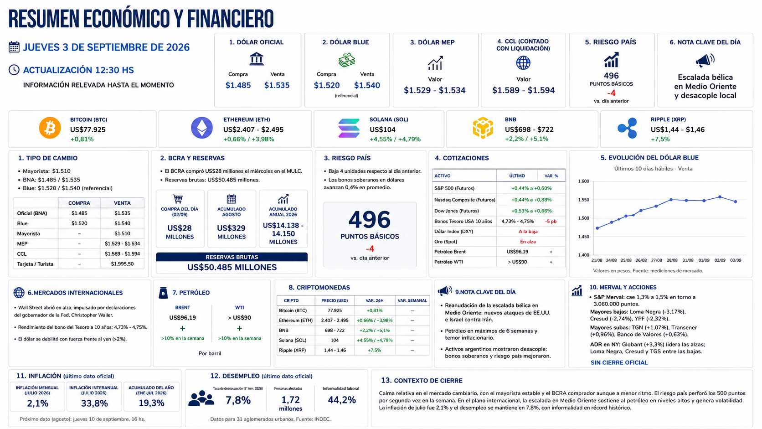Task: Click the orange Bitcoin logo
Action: [x=50, y=128]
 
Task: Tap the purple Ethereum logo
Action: [x=202, y=128]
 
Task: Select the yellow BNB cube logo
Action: [x=483, y=128]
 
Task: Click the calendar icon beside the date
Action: [x=14, y=47]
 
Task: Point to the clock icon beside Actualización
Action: [x=14, y=70]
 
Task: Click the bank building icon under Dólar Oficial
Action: [x=257, y=58]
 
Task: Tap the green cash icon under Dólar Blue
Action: [x=347, y=60]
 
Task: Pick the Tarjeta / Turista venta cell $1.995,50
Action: [x=122, y=264]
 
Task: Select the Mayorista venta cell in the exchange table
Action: [x=122, y=233]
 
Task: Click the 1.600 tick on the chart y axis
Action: [x=584, y=181]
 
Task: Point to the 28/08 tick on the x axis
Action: [x=672, y=260]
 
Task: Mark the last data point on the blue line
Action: [x=736, y=202]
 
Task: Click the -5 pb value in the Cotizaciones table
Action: [x=551, y=222]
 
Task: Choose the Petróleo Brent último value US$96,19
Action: [x=517, y=252]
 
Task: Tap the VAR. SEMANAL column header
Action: [x=412, y=300]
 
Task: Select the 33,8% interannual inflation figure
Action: [x=94, y=403]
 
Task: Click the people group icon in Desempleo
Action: [x=201, y=398]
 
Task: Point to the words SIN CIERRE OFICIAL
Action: [x=619, y=362]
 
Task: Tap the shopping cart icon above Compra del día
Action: [x=178, y=199]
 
